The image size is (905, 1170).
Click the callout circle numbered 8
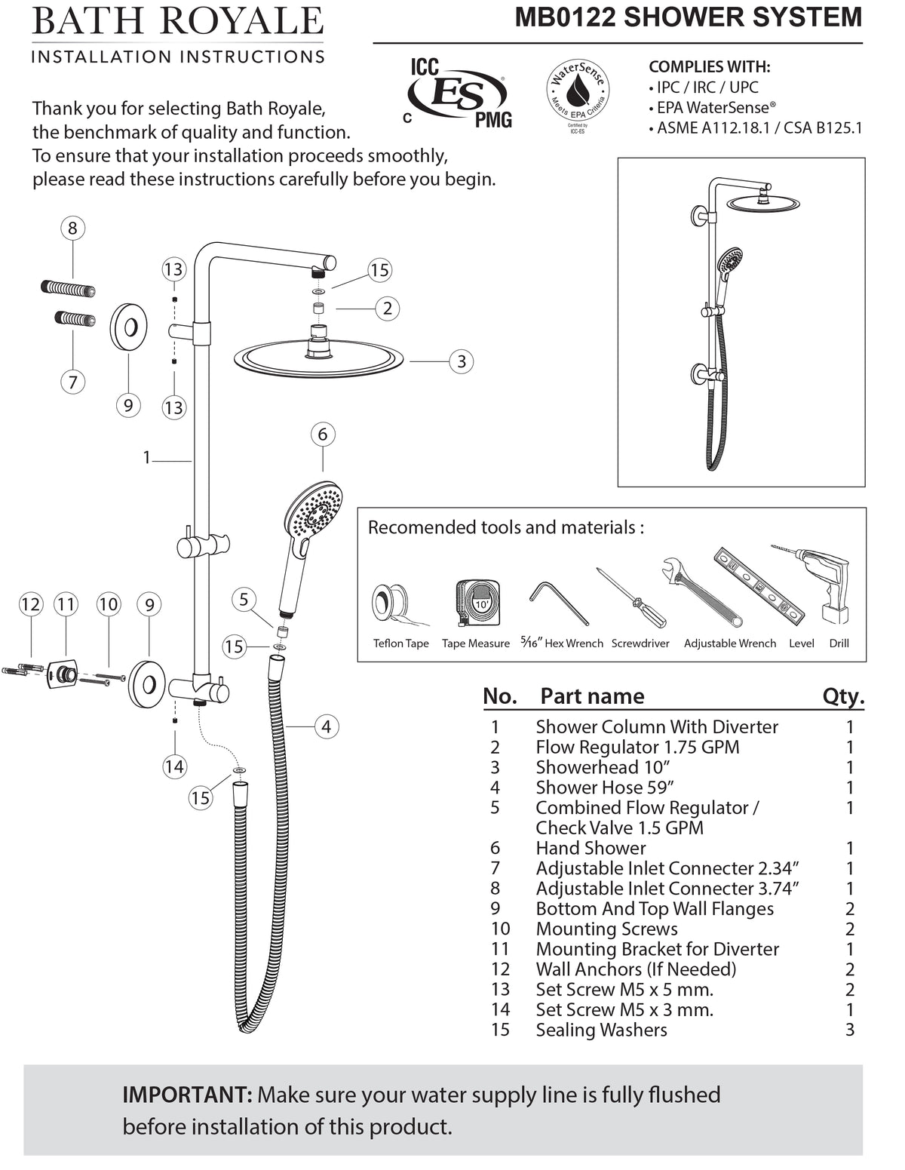click(72, 228)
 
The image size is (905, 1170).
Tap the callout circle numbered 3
click(462, 361)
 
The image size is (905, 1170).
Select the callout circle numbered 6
click(323, 434)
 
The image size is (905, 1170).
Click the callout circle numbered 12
click(30, 604)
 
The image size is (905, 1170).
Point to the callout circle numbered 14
click(174, 766)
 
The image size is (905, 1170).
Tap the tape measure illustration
click(479, 604)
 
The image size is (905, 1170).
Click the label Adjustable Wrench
click(729, 643)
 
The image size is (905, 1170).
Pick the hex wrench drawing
click(558, 600)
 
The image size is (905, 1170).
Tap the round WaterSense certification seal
click(577, 89)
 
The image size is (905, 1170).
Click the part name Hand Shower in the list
click(591, 848)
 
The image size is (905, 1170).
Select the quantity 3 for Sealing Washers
click(850, 1030)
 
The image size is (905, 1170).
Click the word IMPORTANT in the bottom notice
click(186, 1095)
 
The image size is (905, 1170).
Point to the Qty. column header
click(842, 696)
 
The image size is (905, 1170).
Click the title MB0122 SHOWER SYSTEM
click(688, 17)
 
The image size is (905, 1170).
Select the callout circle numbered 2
click(388, 308)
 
